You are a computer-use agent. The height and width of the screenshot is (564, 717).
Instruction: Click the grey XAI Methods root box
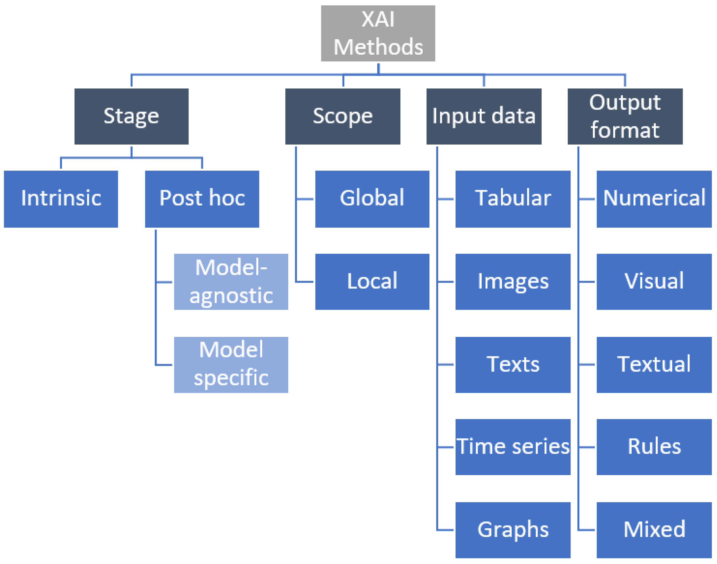point(378,33)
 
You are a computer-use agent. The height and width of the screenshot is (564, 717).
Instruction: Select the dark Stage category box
point(132,116)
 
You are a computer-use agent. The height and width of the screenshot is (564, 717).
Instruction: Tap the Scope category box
point(343,116)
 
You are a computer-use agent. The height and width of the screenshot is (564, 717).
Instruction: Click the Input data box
point(483,116)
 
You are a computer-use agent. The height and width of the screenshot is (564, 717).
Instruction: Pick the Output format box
point(625,116)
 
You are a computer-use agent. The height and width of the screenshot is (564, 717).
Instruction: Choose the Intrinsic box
point(61,199)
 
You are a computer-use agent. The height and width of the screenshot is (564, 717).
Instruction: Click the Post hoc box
point(202,199)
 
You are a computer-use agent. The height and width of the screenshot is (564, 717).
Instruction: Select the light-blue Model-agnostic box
point(231,282)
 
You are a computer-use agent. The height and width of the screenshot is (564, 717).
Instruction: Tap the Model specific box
point(231,364)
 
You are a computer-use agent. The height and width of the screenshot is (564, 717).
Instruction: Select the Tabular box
point(513,199)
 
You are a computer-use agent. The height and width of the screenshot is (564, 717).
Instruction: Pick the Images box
point(513,282)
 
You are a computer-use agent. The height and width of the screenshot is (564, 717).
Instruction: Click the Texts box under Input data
point(513,364)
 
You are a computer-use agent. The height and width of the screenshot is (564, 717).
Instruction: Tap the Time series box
point(513,447)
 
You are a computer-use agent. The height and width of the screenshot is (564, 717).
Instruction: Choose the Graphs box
point(513,530)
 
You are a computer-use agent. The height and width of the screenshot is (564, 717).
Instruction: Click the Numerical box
point(654,199)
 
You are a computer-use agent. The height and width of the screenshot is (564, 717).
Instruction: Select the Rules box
point(654,447)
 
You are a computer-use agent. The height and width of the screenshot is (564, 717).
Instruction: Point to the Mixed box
point(654,530)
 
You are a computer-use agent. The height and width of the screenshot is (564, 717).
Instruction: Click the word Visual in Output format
point(654,281)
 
